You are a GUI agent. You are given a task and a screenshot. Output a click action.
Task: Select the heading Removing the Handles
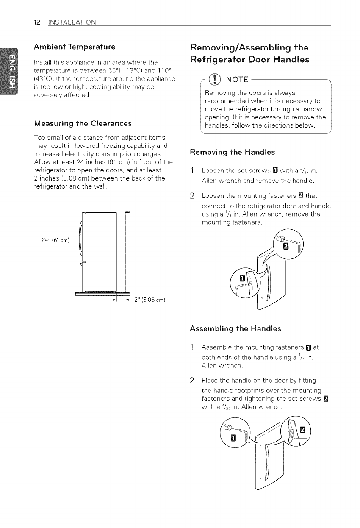233,152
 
